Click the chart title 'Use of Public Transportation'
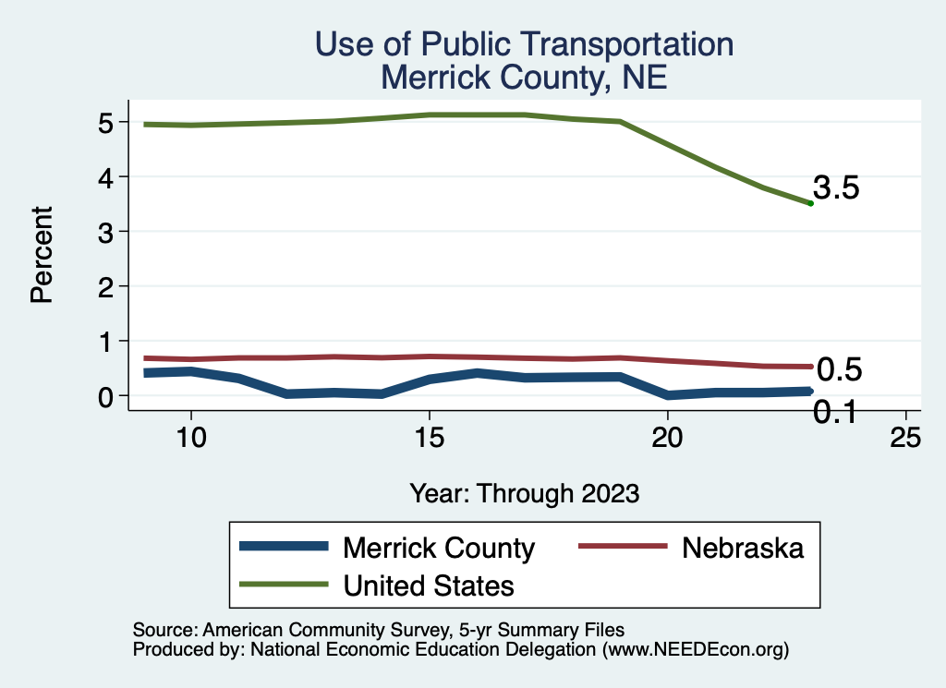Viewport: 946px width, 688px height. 524,44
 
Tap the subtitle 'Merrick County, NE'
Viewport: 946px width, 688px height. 524,77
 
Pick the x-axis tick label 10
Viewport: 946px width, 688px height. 190,440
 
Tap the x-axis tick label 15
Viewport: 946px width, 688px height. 429,440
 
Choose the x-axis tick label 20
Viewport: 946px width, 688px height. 667,440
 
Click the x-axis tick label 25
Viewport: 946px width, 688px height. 905,440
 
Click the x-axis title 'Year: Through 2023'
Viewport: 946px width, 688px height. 524,493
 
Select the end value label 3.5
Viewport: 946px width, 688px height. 836,188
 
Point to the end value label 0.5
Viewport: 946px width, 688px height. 840,370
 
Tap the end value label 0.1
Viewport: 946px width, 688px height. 834,413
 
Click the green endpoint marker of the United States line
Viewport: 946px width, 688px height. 810,203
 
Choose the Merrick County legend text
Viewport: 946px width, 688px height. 438,548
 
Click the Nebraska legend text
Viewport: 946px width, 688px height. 743,548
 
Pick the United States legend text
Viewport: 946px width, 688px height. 429,585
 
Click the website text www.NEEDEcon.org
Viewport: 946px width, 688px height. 695,649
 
